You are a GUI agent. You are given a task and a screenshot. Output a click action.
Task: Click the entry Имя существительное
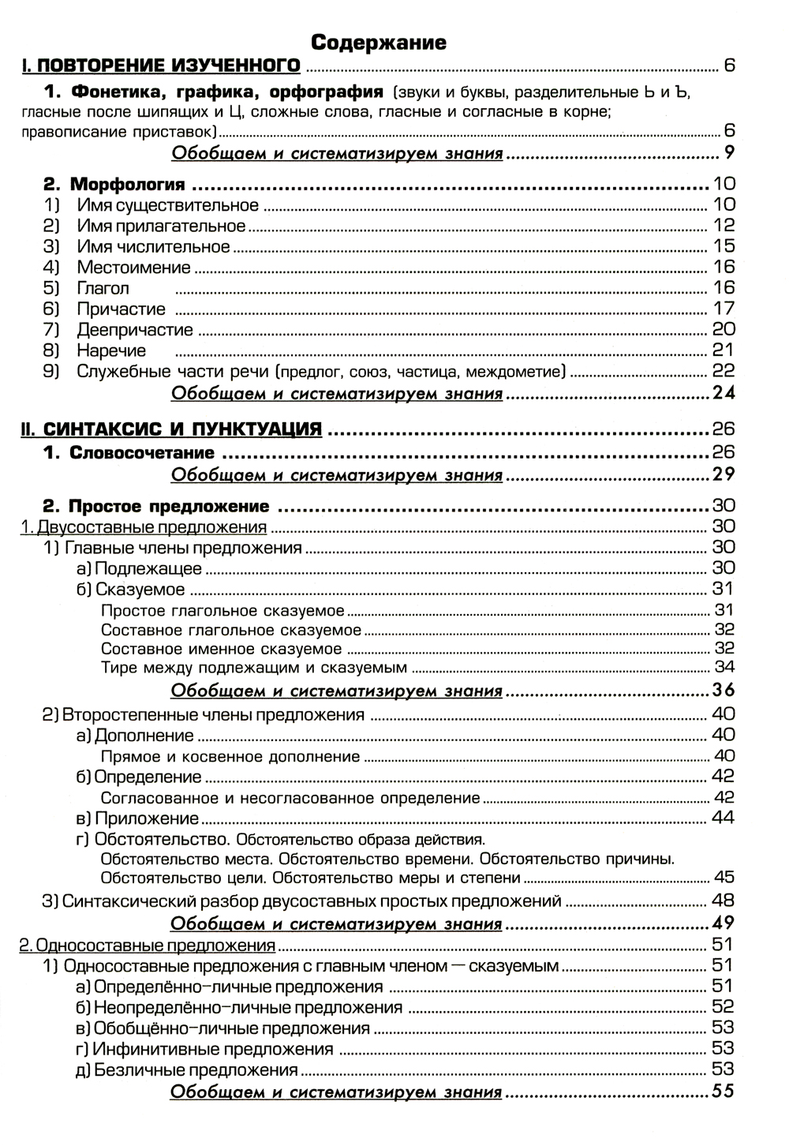(x=167, y=206)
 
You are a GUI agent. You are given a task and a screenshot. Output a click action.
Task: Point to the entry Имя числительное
(x=153, y=247)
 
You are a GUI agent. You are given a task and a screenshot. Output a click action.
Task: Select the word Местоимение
(x=133, y=268)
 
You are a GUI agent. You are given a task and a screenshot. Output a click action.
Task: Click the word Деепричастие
(x=135, y=330)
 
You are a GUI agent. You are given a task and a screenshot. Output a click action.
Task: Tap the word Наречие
(x=111, y=350)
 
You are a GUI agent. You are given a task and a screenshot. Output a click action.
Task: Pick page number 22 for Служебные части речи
(x=723, y=371)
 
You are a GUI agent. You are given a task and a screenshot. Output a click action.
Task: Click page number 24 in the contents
(x=723, y=392)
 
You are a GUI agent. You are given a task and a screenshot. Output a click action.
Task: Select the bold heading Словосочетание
(x=142, y=453)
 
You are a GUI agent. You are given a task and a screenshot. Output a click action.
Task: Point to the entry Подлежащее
(x=148, y=568)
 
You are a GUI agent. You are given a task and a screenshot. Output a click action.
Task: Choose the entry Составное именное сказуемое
(x=222, y=649)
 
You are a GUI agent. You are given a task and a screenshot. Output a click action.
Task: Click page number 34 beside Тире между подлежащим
(x=724, y=668)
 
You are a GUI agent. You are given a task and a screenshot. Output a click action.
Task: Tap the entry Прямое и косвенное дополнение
(x=230, y=757)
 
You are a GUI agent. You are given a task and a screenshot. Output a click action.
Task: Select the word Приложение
(x=147, y=818)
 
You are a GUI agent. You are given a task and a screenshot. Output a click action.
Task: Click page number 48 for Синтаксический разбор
(x=723, y=900)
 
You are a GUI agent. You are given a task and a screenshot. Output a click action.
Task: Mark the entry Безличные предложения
(x=196, y=1071)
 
